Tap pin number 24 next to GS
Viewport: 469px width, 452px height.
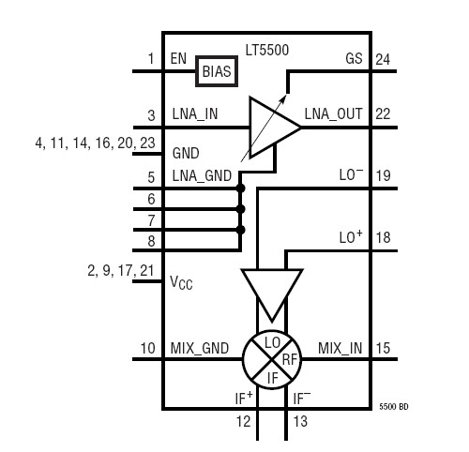[383, 59]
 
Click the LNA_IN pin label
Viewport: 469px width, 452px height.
[197, 114]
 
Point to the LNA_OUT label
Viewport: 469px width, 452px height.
[332, 114]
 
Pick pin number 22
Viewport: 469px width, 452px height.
[383, 114]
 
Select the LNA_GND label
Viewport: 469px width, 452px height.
[201, 176]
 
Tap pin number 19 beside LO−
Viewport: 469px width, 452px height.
[383, 176]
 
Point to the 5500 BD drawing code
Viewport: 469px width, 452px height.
[394, 407]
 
